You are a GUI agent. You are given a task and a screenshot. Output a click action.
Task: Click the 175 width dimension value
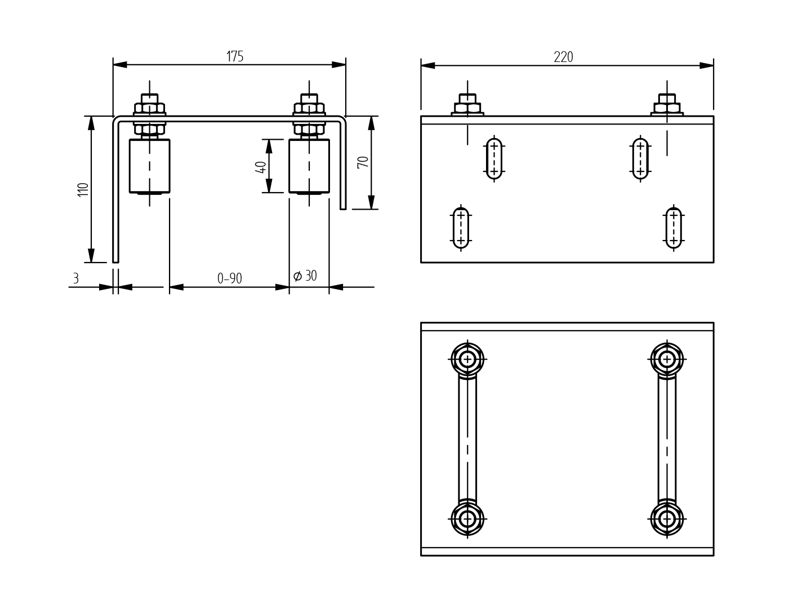(x=235, y=56)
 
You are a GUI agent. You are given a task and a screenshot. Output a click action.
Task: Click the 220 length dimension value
(x=563, y=57)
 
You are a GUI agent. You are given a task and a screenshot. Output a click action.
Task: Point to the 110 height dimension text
(x=83, y=189)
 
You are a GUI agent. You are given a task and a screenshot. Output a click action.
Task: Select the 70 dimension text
(x=363, y=162)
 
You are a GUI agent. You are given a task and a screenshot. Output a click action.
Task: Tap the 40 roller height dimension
(x=261, y=167)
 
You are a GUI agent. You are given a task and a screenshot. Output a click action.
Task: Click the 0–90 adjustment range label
(x=230, y=278)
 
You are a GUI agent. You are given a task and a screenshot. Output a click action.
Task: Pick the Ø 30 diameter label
(x=305, y=276)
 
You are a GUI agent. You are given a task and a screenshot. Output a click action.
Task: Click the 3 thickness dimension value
(x=76, y=278)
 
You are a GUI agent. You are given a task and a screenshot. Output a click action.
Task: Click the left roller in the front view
(x=149, y=166)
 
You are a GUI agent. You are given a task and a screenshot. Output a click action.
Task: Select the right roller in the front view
(x=309, y=166)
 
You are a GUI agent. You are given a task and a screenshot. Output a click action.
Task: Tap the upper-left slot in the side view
(x=494, y=159)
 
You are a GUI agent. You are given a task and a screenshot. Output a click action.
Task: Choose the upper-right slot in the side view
(x=640, y=159)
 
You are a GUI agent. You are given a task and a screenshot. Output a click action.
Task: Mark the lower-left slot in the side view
(x=461, y=228)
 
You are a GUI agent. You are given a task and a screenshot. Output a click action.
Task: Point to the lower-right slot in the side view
(x=674, y=228)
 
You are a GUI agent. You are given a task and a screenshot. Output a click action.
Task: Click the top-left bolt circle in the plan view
(x=467, y=359)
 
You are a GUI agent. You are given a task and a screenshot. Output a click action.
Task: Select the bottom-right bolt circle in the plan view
(x=667, y=518)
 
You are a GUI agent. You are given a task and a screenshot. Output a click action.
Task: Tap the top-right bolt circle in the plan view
(x=667, y=359)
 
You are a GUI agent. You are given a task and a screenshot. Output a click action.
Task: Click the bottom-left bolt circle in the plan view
(x=467, y=518)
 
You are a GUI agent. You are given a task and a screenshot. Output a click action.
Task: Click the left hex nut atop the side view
(x=467, y=107)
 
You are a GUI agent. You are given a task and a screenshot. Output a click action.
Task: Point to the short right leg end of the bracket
(x=343, y=206)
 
